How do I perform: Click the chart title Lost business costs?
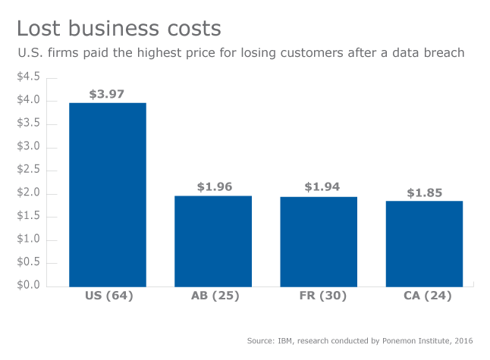click(119, 29)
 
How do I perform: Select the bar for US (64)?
click(108, 194)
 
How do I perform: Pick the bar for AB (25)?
click(213, 240)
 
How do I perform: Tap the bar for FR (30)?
click(319, 241)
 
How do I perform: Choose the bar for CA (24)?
click(424, 243)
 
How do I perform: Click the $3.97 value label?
click(108, 95)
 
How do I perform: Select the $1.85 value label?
click(426, 193)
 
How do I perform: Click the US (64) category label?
click(108, 296)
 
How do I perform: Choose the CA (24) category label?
click(424, 296)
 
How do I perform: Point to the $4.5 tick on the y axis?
click(29, 77)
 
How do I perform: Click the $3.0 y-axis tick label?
click(29, 147)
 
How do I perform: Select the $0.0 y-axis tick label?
click(29, 286)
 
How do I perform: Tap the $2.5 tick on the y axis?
click(29, 170)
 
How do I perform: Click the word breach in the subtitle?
click(444, 53)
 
